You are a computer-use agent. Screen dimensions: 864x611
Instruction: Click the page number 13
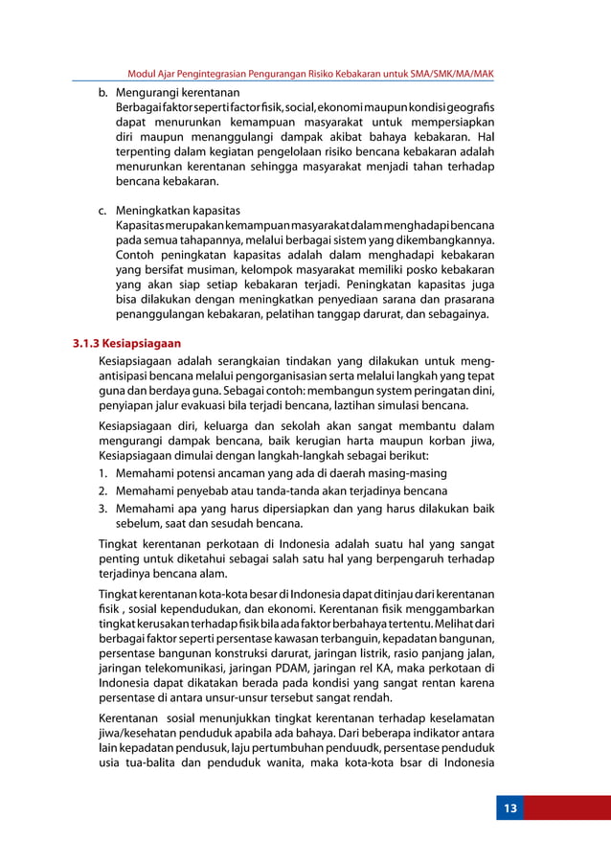click(510, 808)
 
